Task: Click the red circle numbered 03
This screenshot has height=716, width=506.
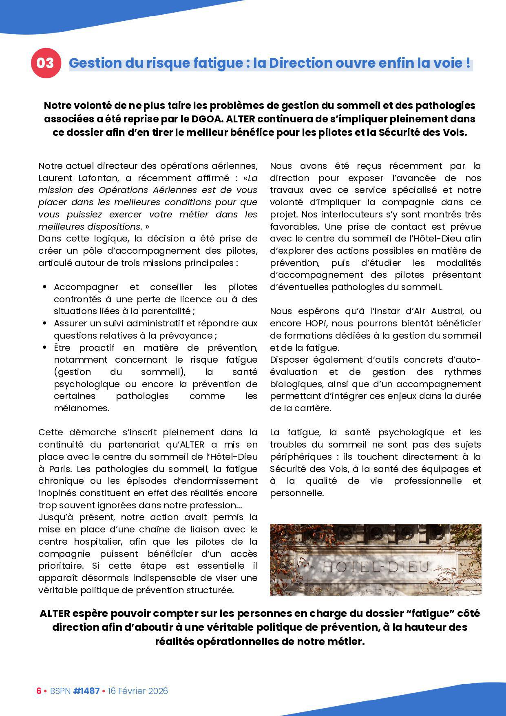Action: pyautogui.click(x=46, y=63)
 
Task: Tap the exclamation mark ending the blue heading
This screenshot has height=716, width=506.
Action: pyautogui.click(x=467, y=63)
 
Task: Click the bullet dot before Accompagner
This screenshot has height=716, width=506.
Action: pyautogui.click(x=44, y=287)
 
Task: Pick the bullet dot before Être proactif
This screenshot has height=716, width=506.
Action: pyautogui.click(x=44, y=348)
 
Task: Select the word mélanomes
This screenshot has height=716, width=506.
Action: pyautogui.click(x=82, y=408)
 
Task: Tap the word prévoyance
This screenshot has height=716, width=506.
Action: pyautogui.click(x=190, y=336)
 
